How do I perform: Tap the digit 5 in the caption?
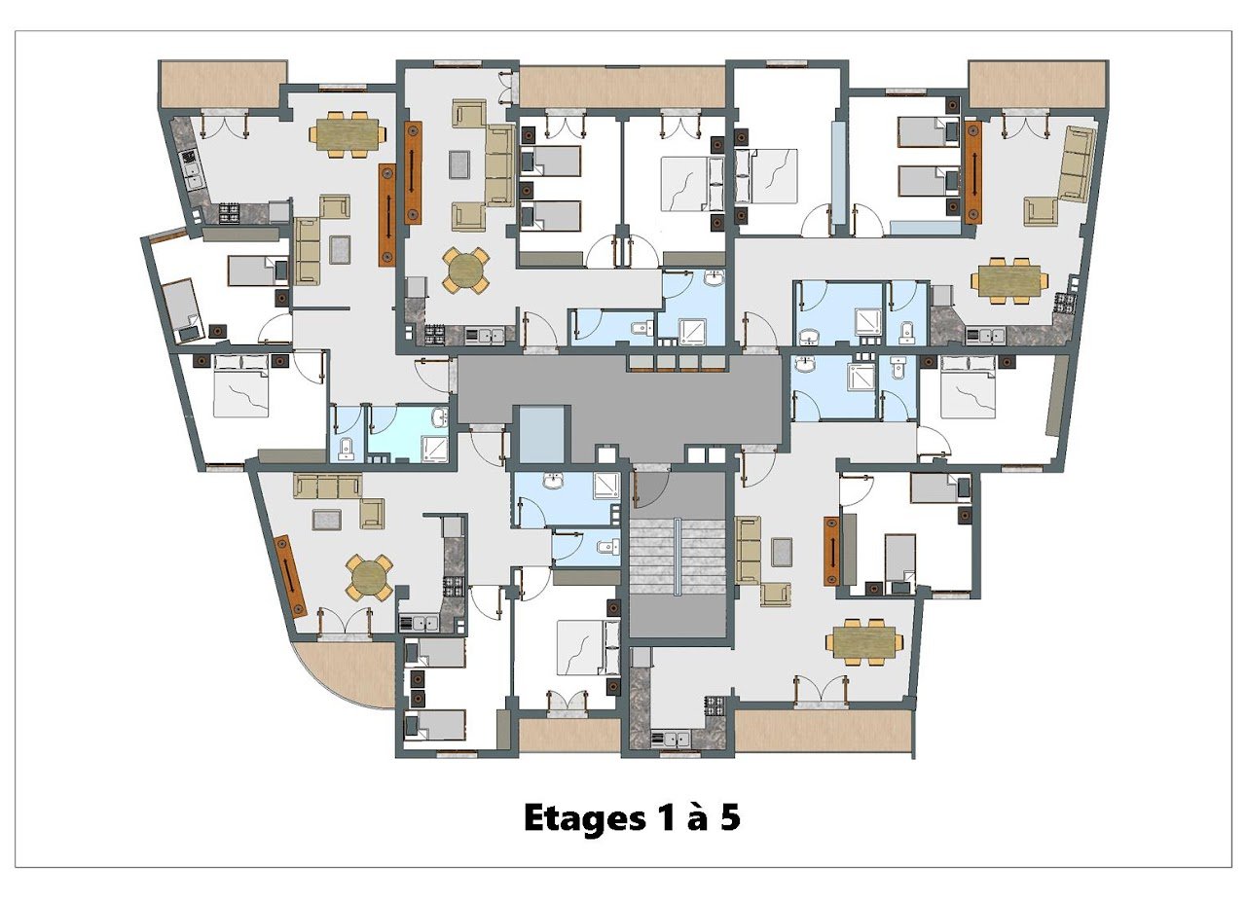click(x=730, y=817)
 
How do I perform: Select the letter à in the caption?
click(x=695, y=817)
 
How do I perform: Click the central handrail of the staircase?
click(x=677, y=556)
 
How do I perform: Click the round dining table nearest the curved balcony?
click(x=369, y=577)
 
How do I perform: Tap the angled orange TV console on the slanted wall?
click(x=290, y=576)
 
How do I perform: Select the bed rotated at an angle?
click(x=182, y=311)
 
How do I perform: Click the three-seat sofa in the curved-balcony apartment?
click(x=328, y=486)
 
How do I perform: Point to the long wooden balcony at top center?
click(x=622, y=87)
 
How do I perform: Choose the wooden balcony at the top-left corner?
click(x=223, y=84)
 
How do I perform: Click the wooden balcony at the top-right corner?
click(x=1037, y=84)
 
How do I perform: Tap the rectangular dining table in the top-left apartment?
click(x=348, y=134)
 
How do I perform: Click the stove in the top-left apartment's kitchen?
click(x=228, y=213)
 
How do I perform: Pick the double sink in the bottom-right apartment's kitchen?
click(x=671, y=740)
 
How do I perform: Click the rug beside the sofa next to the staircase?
click(x=782, y=552)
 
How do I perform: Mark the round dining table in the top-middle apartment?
click(x=466, y=271)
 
